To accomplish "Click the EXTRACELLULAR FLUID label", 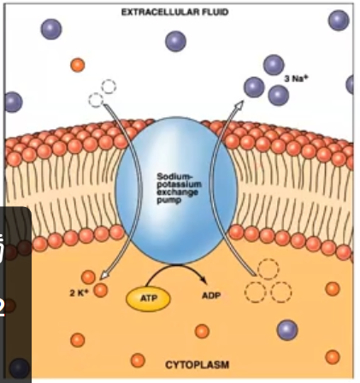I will tap(174, 12).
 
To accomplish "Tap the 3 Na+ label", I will tap(296, 78).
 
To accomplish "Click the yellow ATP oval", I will tap(149, 298).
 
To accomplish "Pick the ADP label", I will tap(212, 296).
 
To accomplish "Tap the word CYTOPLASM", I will tap(197, 364).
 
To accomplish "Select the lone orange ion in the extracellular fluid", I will tap(78, 65).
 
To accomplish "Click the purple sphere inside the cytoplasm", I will tap(287, 330).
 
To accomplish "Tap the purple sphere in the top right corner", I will tap(339, 21).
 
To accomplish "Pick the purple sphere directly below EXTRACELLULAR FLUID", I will tap(176, 41).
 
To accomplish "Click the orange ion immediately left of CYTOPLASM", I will tap(138, 361).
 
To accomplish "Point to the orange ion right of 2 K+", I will tap(101, 291).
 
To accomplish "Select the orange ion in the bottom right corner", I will tap(333, 356).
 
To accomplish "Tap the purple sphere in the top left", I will tap(51, 29).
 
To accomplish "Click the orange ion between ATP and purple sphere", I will tap(202, 331).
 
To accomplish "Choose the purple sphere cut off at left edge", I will tap(11, 102).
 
